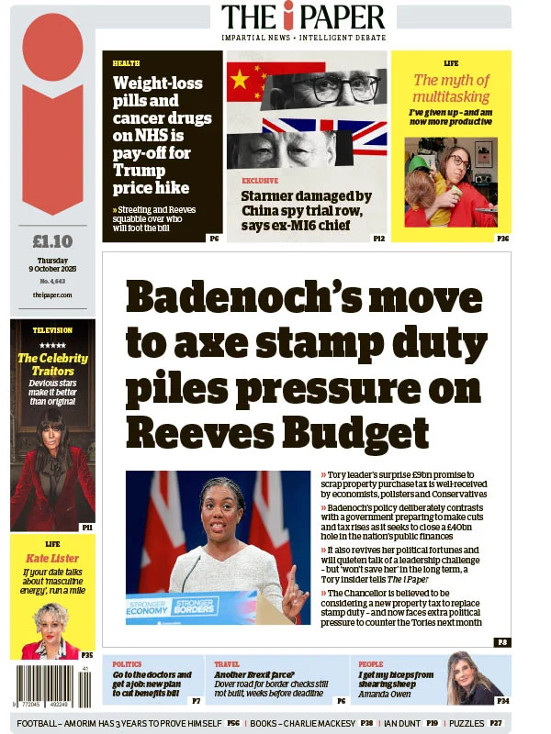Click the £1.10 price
coord(52,243)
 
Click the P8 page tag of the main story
coord(502,642)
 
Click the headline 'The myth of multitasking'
coord(451,88)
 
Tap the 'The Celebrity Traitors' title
coord(52,364)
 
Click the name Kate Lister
coord(52,558)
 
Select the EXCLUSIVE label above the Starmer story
coord(260,182)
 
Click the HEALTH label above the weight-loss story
coord(127,63)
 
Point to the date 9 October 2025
coord(52,268)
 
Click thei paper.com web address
coord(52,294)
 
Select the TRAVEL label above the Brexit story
coord(227,663)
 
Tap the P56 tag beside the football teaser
coord(234,723)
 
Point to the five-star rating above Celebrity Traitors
coord(52,345)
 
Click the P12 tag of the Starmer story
coord(378,239)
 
